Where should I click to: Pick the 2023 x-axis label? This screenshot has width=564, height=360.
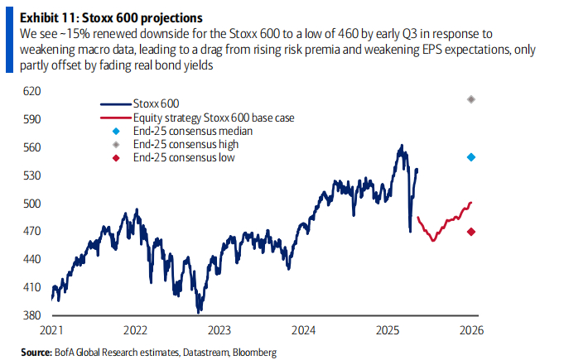219,330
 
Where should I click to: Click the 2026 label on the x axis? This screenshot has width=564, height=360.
472,330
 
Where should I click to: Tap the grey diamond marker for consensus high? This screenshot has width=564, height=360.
471,99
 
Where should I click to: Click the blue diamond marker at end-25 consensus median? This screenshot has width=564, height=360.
471,157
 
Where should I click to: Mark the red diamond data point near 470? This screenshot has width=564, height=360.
471,232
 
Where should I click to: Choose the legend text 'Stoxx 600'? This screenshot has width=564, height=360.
152,105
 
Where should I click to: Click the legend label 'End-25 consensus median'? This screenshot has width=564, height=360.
192,131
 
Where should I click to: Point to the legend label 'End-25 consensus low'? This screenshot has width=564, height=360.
185,156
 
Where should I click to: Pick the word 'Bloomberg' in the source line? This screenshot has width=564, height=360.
254,353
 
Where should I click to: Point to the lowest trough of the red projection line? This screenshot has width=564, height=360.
432,240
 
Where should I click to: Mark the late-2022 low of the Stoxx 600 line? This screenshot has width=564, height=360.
199,312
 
